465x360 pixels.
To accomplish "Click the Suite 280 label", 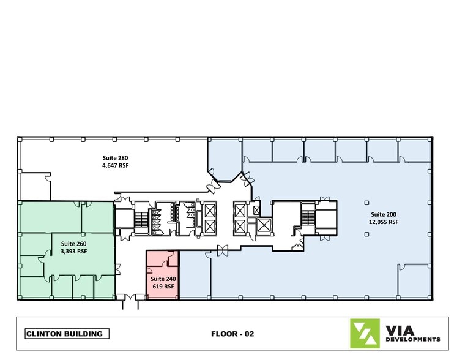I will tap(115, 158).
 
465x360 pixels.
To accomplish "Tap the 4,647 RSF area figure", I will tap(115, 165).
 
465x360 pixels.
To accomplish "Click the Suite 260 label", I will tap(73, 243).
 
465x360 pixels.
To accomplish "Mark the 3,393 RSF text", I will tap(73, 251).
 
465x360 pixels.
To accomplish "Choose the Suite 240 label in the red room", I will tap(163, 278).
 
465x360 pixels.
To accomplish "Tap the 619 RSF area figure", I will tap(163, 286).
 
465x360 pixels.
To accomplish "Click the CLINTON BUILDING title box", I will tap(67, 334).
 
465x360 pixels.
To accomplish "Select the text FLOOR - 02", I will tap(232, 334).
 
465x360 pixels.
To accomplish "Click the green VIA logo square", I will tap(365, 334).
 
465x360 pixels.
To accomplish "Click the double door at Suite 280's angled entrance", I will tap(215, 184).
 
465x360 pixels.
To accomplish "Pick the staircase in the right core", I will tap(307, 215).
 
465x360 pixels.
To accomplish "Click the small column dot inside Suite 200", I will tap(368, 202).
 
